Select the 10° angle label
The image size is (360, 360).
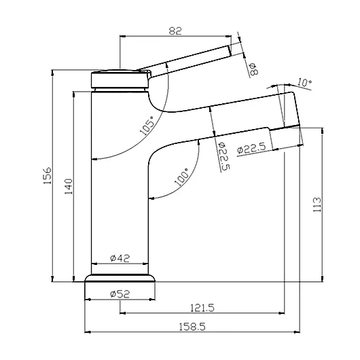[x=304, y=83]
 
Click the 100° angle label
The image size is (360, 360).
[x=181, y=178]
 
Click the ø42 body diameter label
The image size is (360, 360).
[x=120, y=258]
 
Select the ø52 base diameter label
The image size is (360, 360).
[x=120, y=293]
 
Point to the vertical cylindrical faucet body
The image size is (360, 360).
[x=120, y=204]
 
